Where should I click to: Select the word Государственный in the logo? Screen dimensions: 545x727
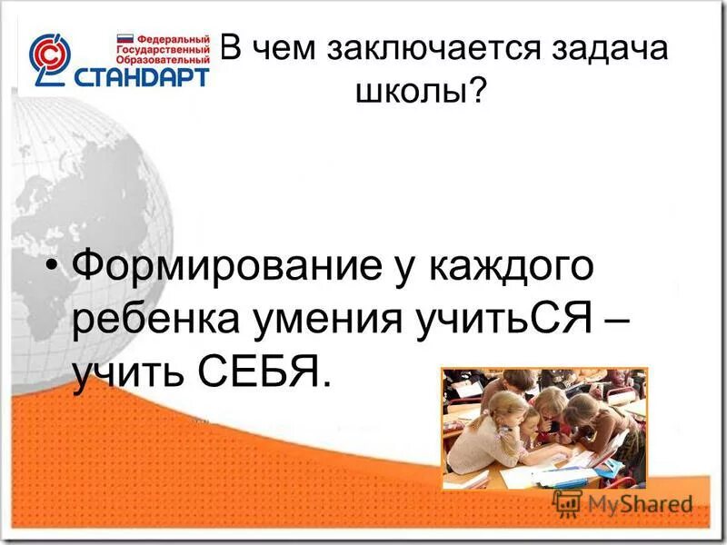coord(165,53)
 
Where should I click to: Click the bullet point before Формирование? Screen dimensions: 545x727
coord(55,268)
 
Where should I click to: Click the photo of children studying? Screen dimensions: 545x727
coord(543,428)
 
